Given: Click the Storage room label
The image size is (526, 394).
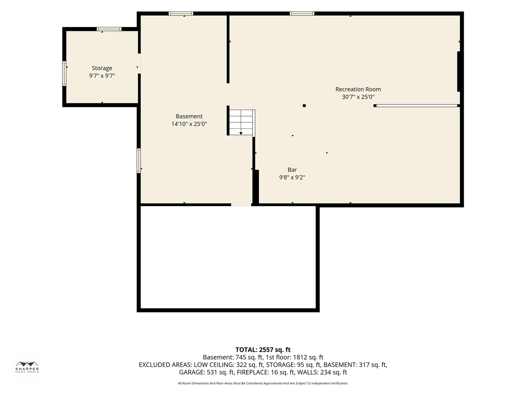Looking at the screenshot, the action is click(102, 69).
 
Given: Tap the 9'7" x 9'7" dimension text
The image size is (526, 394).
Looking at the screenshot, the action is click(102, 76).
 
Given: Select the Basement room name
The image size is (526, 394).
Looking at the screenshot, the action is click(189, 116).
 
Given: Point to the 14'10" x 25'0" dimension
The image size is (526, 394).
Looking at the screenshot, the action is click(189, 124).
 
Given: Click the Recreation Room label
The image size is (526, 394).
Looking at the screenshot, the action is click(358, 89).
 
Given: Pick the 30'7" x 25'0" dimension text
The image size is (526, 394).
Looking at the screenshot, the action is click(358, 97).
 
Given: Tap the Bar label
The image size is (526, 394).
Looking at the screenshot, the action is click(292, 170).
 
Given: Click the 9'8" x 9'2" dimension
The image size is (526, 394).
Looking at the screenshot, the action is click(292, 177).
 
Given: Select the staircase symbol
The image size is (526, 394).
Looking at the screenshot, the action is click(242, 123).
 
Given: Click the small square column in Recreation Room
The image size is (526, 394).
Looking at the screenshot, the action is click(304, 105).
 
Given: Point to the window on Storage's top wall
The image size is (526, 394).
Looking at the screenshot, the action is click(109, 29).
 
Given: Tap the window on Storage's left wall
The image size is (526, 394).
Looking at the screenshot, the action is click(64, 73).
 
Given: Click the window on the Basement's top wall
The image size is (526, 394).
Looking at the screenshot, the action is click(181, 14).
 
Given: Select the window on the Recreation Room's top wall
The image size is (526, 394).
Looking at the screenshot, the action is click(302, 14).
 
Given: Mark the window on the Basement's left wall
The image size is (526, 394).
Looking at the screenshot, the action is click(139, 160).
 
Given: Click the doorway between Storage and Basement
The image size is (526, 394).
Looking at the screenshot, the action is click(139, 64).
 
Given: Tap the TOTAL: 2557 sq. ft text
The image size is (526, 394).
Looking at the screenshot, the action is click(263, 350).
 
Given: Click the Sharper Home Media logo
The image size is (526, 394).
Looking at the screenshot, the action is click(27, 367).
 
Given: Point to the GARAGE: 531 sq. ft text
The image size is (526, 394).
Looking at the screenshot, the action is click(206, 372).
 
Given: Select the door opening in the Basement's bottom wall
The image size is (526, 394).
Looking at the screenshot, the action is click(241, 205).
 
